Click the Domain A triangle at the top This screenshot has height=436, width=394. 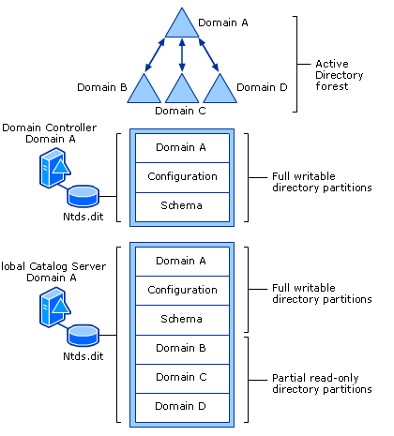(181, 25)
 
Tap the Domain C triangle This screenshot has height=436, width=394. (182, 90)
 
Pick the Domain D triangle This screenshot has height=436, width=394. (220, 90)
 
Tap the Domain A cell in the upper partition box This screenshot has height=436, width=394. (181, 147)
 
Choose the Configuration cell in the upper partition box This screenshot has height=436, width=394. (181, 176)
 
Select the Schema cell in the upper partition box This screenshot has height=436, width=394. (181, 204)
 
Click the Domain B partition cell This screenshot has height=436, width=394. (181, 349)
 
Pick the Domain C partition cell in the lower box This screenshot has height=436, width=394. (181, 377)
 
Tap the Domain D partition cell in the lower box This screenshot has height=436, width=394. (181, 406)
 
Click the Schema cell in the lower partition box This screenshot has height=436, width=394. (181, 319)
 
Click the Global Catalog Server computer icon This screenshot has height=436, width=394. (50, 308)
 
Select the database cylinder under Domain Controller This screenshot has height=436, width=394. (83, 196)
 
